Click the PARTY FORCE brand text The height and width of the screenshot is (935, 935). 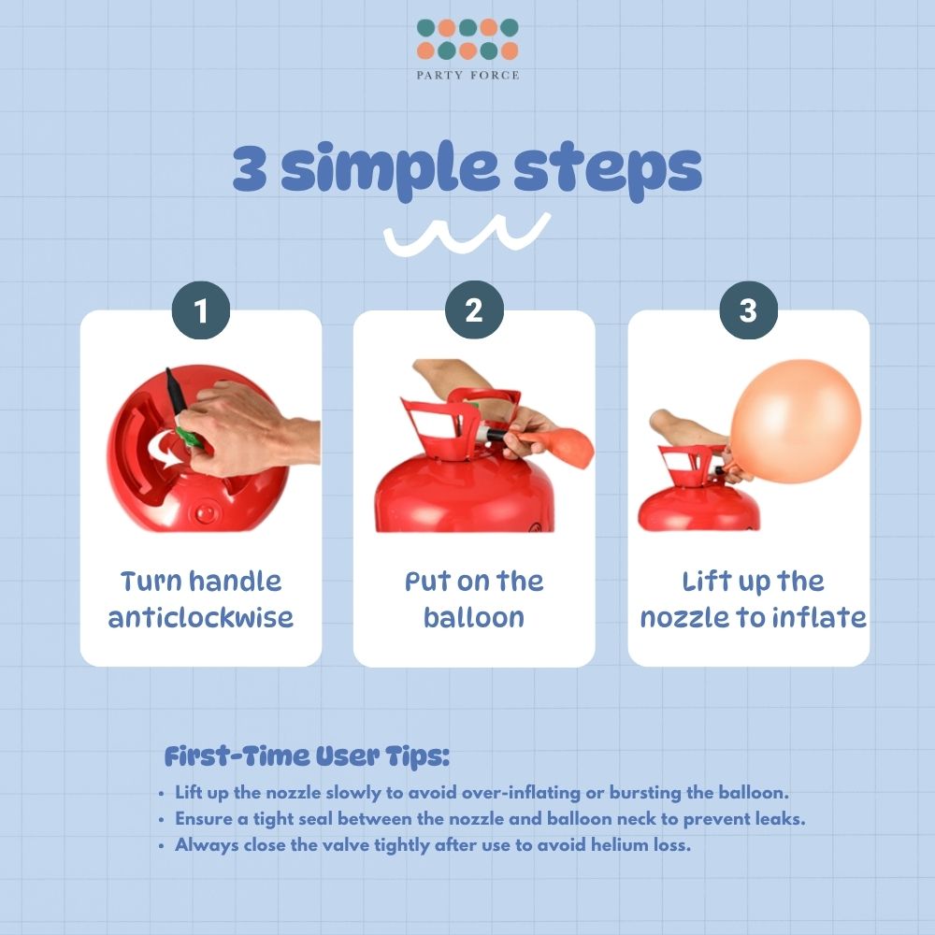coord(467,75)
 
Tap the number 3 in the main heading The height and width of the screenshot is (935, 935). coord(250,167)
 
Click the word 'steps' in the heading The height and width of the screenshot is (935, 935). coord(608,170)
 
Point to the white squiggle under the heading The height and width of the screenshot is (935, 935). coord(467,234)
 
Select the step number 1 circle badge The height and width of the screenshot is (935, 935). coord(201,310)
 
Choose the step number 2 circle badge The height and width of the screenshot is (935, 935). coord(474,310)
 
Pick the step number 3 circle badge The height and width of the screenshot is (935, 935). coord(748,310)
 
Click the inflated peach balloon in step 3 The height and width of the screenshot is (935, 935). coord(796,421)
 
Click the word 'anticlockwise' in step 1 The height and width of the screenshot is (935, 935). coord(201,617)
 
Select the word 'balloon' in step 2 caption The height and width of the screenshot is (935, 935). coord(474,617)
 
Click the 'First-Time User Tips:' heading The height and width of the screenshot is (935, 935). coord(307,756)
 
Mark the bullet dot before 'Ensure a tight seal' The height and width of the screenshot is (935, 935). coord(162,820)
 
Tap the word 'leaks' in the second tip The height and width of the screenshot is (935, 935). coord(780,819)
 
